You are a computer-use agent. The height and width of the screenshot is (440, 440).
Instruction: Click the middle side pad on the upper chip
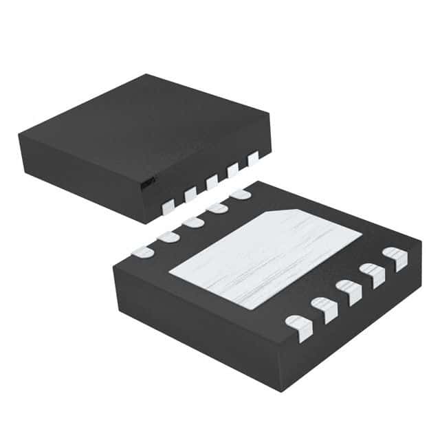pyautogui.click(x=212, y=181)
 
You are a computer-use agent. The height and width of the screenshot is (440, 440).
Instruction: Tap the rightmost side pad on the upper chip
pyautogui.click(x=254, y=159)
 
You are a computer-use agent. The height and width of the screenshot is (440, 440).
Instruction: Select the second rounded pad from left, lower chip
pyautogui.click(x=168, y=237)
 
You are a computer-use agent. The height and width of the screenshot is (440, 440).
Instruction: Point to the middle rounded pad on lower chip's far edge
pyautogui.click(x=192, y=223)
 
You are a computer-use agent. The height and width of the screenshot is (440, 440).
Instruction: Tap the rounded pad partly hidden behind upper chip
pyautogui.click(x=241, y=195)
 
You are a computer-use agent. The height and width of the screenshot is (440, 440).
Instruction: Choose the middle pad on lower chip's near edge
pyautogui.click(x=349, y=292)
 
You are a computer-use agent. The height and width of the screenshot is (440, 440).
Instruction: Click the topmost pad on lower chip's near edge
pyautogui.click(x=396, y=260)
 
